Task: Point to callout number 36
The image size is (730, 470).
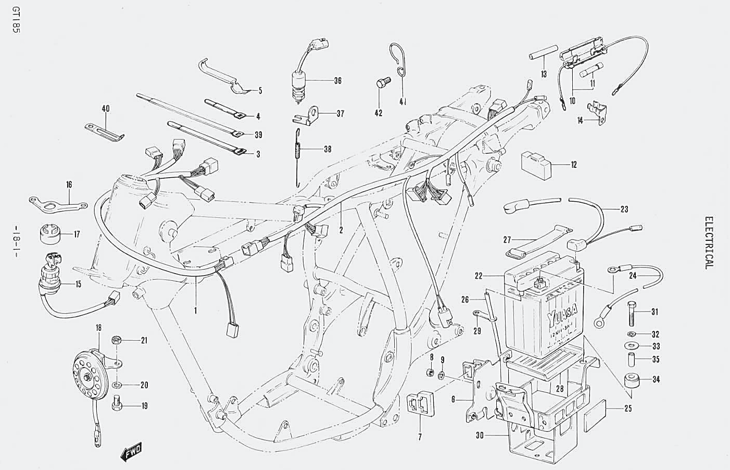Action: pyautogui.click(x=338, y=81)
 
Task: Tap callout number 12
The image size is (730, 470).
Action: pyautogui.click(x=574, y=165)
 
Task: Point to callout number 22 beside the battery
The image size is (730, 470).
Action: pyautogui.click(x=479, y=276)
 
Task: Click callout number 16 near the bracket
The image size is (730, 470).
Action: pyautogui.click(x=69, y=184)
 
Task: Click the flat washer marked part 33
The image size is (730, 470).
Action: pyautogui.click(x=631, y=346)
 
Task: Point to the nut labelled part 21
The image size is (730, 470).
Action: pyautogui.click(x=117, y=341)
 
